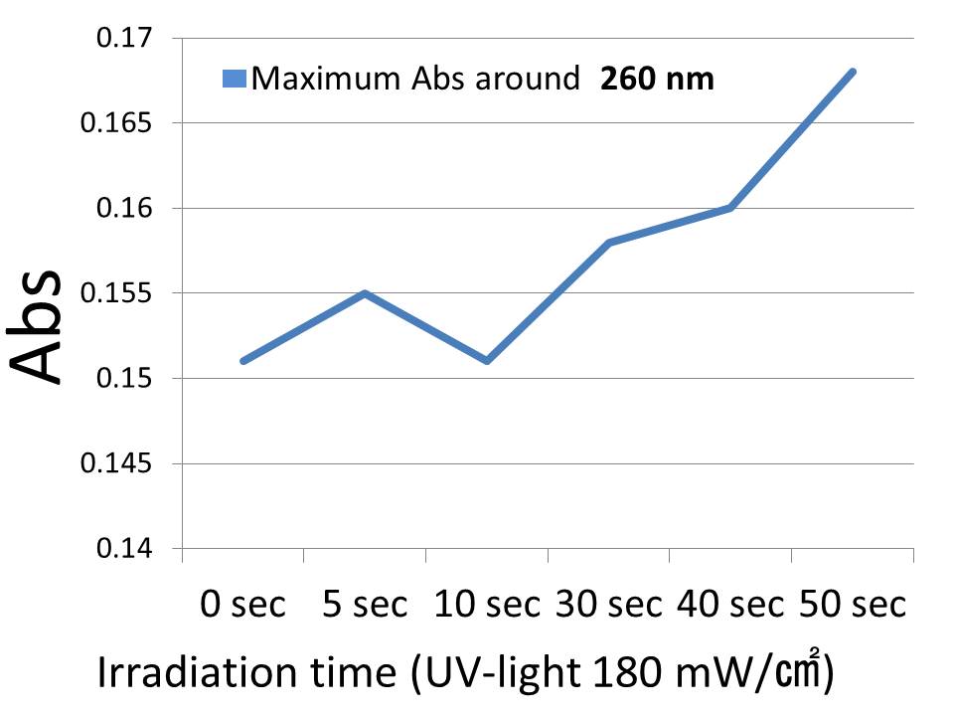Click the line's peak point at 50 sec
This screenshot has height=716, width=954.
(853, 72)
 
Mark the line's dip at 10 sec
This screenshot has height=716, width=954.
(487, 360)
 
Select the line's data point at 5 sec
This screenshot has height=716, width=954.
(366, 293)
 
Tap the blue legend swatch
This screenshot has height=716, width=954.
(235, 79)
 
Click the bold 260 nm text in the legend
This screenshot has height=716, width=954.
(656, 79)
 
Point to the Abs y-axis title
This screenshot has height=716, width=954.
(40, 328)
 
